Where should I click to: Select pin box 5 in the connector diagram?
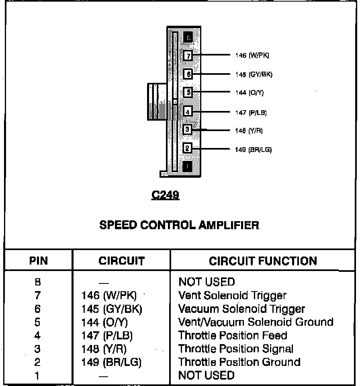tap(188, 92)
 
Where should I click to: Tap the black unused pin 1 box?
tap(188, 166)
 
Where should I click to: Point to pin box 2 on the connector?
tap(188, 148)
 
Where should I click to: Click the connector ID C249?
tap(165, 195)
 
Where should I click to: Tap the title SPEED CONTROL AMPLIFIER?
tap(179, 225)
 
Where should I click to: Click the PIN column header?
tap(38, 261)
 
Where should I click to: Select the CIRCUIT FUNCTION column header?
tap(263, 261)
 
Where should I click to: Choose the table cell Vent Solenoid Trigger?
tap(232, 296)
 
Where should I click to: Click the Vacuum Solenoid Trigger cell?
tap(241, 309)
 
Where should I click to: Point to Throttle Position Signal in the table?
tap(236, 349)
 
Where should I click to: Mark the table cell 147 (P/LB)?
tap(107, 335)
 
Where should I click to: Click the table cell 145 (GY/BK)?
tap(112, 309)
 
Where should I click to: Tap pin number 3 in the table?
tap(37, 349)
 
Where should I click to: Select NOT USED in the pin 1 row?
tap(206, 375)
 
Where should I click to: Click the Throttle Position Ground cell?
tap(239, 362)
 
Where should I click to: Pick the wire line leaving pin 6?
tap(213, 74)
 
